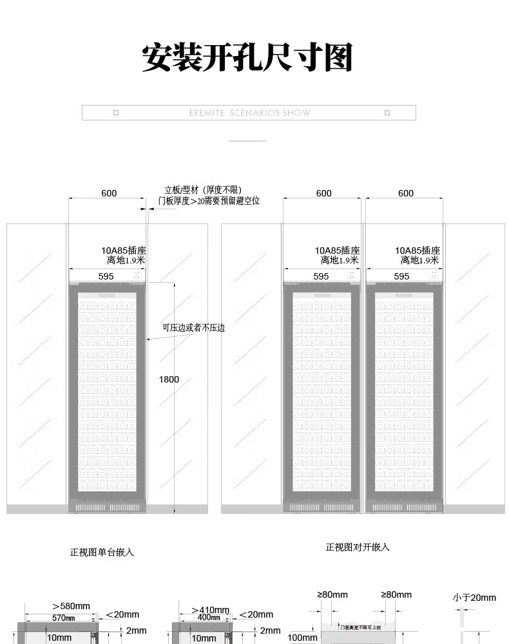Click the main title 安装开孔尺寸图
click(x=247, y=57)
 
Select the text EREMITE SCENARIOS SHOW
click(x=250, y=113)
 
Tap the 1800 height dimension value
click(x=169, y=379)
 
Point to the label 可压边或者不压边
click(x=193, y=328)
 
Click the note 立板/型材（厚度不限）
click(x=203, y=190)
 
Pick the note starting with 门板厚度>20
click(x=209, y=201)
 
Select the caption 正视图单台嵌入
click(x=102, y=552)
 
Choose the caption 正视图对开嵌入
click(x=358, y=547)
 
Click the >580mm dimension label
click(x=71, y=606)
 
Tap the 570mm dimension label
click(x=63, y=618)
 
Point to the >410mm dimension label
click(x=210, y=610)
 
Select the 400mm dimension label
click(x=209, y=618)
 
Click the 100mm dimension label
click(x=302, y=638)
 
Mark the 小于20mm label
click(x=474, y=598)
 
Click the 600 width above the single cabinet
click(x=109, y=193)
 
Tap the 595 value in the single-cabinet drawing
click(x=106, y=276)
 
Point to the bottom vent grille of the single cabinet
click(x=108, y=507)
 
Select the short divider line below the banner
click(x=247, y=140)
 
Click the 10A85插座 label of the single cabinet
click(x=124, y=251)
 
